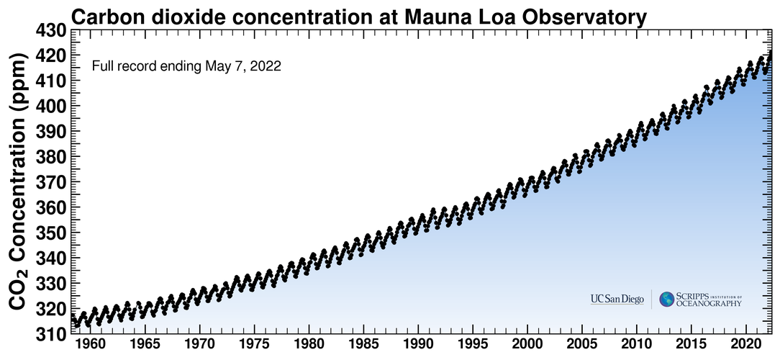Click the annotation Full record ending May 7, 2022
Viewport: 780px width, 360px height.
tap(186, 67)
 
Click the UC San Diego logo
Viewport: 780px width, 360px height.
tap(617, 300)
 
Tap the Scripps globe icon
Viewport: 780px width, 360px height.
tap(667, 299)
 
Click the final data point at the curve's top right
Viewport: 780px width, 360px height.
tap(771, 51)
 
